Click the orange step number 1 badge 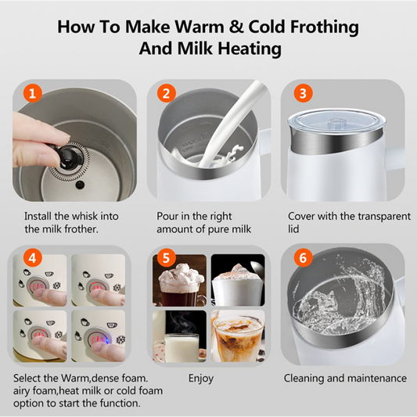32,93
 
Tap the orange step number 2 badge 166,93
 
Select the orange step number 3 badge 303,93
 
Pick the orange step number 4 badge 32,257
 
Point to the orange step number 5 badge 166,257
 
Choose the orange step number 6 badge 303,257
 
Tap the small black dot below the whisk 80,184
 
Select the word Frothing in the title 324,27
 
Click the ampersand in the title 236,27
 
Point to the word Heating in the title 250,49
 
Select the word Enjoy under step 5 201,379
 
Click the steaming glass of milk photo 179,336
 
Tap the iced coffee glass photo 238,336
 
